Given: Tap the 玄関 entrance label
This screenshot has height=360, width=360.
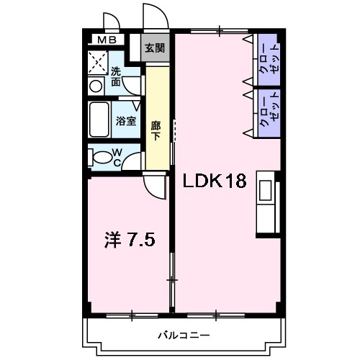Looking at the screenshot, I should click(154, 49).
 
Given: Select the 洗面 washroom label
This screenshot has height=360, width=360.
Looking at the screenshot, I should click(116, 77).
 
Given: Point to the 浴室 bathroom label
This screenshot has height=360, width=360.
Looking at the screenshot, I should click(126, 121).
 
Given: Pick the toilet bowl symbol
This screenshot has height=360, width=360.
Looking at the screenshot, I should click(102, 156).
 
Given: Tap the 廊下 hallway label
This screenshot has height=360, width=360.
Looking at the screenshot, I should click(156, 130).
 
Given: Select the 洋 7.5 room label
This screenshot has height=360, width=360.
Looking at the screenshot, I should click(130, 238).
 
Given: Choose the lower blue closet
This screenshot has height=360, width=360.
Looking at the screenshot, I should click(266, 112).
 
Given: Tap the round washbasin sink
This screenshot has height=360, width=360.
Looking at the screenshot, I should click(95, 86).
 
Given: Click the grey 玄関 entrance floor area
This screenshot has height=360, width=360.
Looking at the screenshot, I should click(154, 55).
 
